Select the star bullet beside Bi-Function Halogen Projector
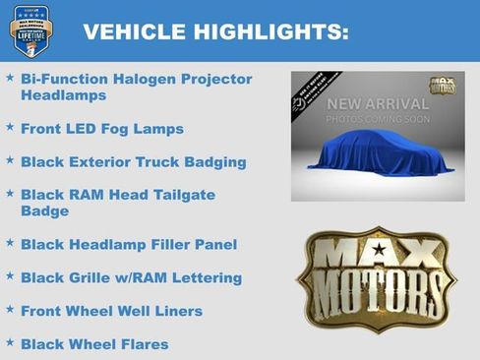[10, 77]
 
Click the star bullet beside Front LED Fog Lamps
[10, 127]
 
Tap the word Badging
[214, 162]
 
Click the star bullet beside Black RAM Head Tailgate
[10, 193]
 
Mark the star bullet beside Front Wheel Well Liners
[10, 309]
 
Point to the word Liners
[177, 311]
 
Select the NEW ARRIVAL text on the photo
[378, 103]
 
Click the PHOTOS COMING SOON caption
[378, 119]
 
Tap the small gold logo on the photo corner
[441, 86]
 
